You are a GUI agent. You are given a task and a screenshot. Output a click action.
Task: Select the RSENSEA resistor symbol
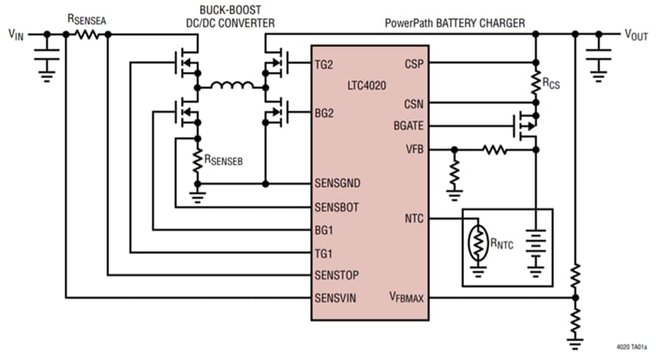pos(88,34)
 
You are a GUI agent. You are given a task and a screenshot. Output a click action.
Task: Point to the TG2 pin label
pos(325,64)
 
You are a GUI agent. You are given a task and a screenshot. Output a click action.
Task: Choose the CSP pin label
pos(414,64)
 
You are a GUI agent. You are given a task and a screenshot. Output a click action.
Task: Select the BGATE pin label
pos(408,125)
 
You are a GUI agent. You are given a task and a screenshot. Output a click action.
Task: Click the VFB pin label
pos(414,150)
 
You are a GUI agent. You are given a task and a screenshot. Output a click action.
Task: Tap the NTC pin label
pos(413,219)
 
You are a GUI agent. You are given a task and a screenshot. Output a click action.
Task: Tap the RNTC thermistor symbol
pos(477,243)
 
